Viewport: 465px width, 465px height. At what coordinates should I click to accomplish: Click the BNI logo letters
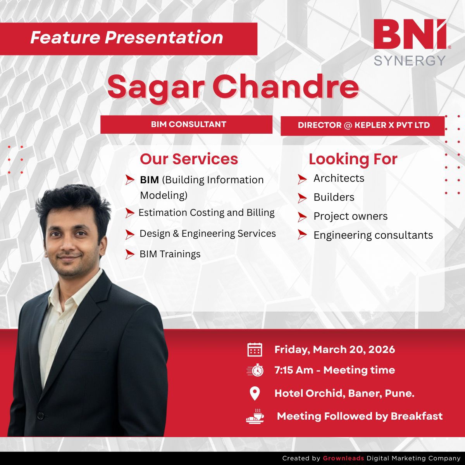tap(410, 34)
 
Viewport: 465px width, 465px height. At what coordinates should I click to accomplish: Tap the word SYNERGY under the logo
tap(410, 60)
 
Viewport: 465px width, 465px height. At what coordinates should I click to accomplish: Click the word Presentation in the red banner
tap(164, 38)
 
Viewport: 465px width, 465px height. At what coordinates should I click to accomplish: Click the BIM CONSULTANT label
tap(188, 124)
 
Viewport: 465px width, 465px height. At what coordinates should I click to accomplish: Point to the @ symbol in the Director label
tap(348, 125)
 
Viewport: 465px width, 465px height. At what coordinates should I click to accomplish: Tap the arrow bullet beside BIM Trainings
tap(129, 254)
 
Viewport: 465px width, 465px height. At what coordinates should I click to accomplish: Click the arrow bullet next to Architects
tap(302, 179)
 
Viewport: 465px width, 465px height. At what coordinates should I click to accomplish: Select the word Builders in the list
tap(334, 197)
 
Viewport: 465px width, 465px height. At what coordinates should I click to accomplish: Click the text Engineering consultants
tap(373, 235)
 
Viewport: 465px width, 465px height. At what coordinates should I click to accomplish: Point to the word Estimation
tap(163, 213)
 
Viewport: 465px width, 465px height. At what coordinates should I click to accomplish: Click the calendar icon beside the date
tap(255, 350)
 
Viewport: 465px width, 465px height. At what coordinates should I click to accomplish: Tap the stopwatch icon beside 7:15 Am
tap(255, 370)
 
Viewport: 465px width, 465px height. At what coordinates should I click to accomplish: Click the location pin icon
tap(255, 394)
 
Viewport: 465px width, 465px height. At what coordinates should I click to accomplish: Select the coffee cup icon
tap(255, 416)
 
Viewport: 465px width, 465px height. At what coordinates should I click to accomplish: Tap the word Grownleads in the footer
tap(343, 458)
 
